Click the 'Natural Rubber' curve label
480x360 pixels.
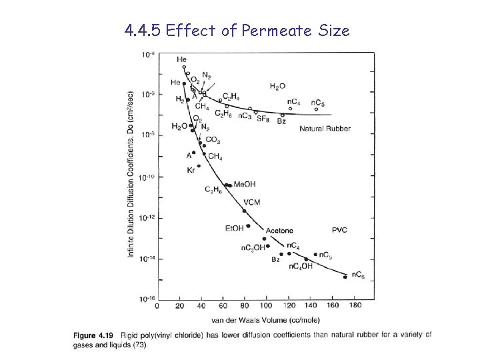pyautogui.click(x=325, y=128)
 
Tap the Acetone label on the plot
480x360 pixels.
pyautogui.click(x=279, y=231)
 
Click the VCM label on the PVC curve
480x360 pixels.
pyautogui.click(x=252, y=202)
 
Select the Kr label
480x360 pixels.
pyautogui.click(x=191, y=171)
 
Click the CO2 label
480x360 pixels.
pyautogui.click(x=213, y=140)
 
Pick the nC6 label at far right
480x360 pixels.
pyautogui.click(x=358, y=274)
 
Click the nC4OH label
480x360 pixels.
pyautogui.click(x=301, y=266)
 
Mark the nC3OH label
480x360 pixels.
pyautogui.click(x=253, y=248)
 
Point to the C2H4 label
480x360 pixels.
pyautogui.click(x=232, y=97)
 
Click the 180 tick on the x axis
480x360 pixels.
pyautogui.click(x=355, y=306)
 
